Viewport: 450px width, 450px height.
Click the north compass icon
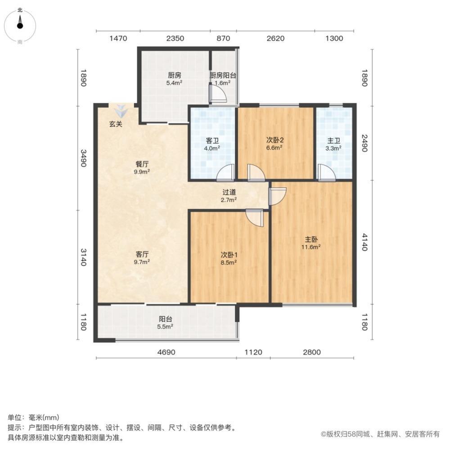(x=20, y=25)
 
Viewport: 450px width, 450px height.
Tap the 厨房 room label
(x=173, y=76)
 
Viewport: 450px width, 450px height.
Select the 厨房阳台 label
(x=223, y=76)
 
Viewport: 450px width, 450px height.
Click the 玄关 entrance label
(x=116, y=124)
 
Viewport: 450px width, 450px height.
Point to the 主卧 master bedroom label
(x=311, y=239)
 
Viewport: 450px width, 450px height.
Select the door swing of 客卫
(x=225, y=172)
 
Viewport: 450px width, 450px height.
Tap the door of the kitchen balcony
(x=217, y=94)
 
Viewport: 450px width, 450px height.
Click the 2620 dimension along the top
(x=275, y=38)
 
